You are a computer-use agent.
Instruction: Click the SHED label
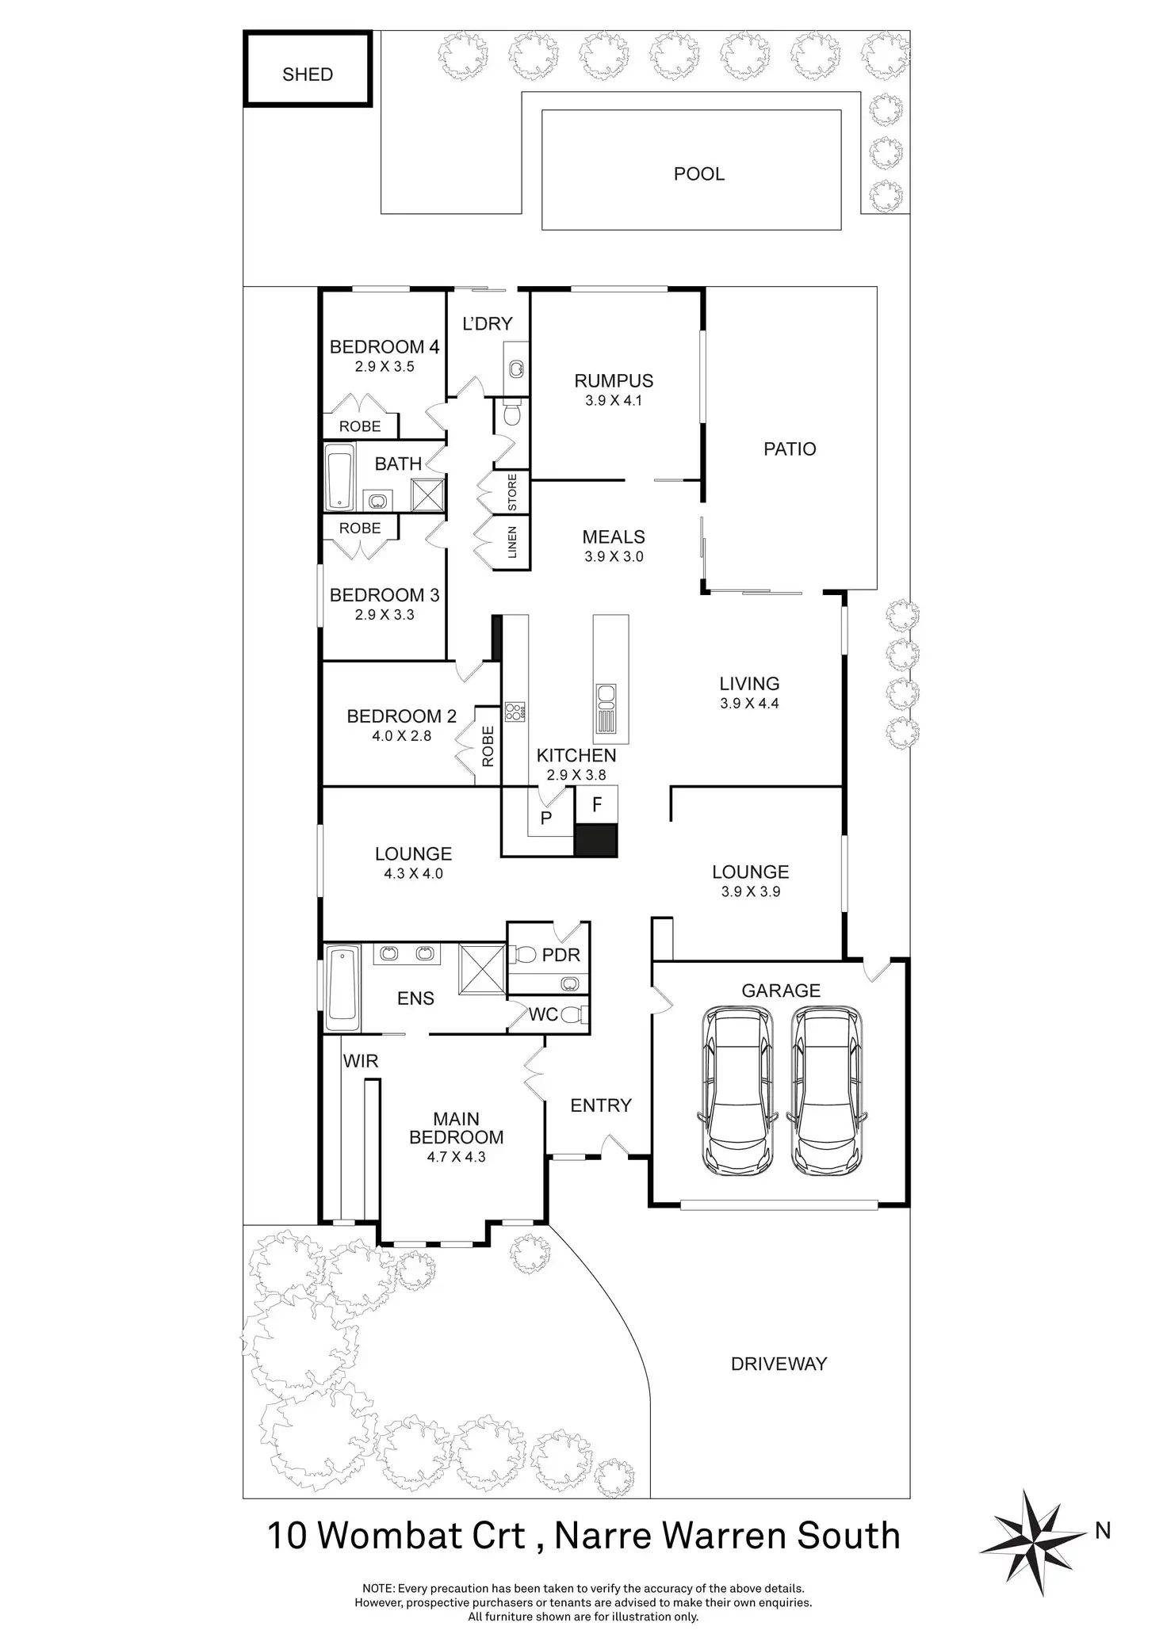tap(308, 74)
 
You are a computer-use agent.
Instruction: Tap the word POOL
tap(698, 174)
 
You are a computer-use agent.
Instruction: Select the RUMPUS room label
tap(614, 381)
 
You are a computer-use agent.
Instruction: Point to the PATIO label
tap(789, 449)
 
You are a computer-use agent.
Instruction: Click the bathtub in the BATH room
tap(340, 477)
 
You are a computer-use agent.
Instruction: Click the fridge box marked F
tap(597, 805)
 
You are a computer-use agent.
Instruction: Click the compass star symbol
tap(1033, 1532)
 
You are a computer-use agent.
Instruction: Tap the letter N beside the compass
tap(1103, 1531)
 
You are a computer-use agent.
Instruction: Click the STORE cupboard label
tap(512, 492)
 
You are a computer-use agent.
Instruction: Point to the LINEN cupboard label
tap(512, 542)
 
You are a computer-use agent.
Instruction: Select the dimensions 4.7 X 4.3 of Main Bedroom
tap(456, 1156)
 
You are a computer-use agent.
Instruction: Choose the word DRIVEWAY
tap(779, 1364)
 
